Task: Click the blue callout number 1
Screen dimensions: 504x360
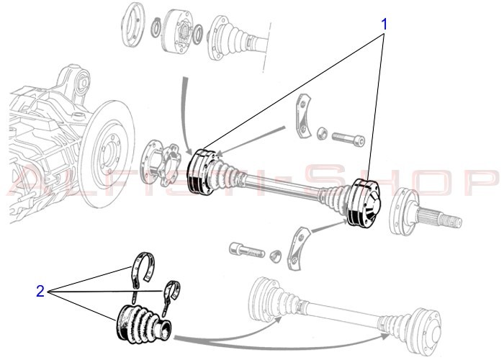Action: (x=384, y=24)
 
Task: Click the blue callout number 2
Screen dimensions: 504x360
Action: (x=40, y=291)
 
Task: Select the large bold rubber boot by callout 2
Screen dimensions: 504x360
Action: (x=143, y=325)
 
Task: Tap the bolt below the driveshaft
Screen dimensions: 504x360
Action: (x=246, y=250)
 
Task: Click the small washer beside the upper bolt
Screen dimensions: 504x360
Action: (x=322, y=133)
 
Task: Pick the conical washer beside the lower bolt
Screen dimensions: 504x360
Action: (x=276, y=256)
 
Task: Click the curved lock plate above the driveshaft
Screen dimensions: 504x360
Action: (x=302, y=116)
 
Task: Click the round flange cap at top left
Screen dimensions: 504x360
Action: (x=132, y=24)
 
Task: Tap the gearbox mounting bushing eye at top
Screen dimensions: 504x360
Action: (x=84, y=82)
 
